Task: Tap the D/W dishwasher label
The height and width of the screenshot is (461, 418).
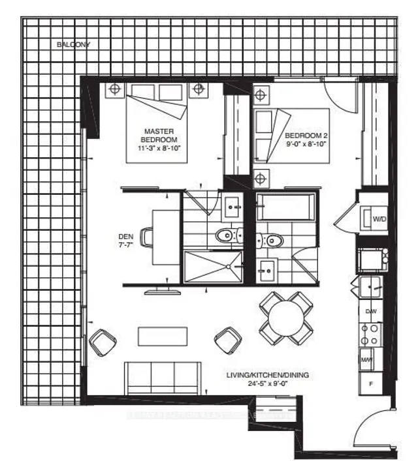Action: click(x=370, y=311)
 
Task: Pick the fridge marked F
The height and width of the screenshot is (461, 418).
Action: click(x=370, y=383)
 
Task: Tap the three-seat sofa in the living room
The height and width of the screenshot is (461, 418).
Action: click(x=160, y=378)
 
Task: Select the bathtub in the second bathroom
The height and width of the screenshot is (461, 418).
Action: click(x=285, y=207)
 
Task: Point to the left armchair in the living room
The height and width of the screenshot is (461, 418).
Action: click(x=103, y=341)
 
